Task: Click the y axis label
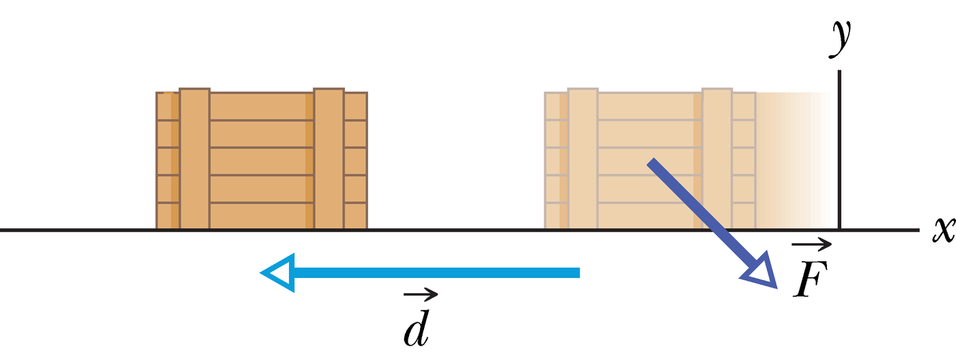(841, 38)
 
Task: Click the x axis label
(943, 230)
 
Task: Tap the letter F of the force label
(811, 279)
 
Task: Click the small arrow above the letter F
(811, 245)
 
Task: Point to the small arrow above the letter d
(421, 294)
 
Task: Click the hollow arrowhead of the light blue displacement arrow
(277, 273)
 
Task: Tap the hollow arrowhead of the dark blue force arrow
(762, 272)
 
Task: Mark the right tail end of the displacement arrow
(579, 273)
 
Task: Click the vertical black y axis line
(839, 150)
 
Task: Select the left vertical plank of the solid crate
(195, 158)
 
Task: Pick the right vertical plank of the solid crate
(328, 158)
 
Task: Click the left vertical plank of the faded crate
(583, 158)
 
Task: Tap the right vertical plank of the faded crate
(717, 158)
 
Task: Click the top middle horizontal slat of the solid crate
(262, 107)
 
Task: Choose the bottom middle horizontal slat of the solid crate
(262, 216)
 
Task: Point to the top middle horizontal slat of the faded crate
(650, 107)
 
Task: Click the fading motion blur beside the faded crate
(793, 161)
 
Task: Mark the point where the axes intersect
(839, 230)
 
